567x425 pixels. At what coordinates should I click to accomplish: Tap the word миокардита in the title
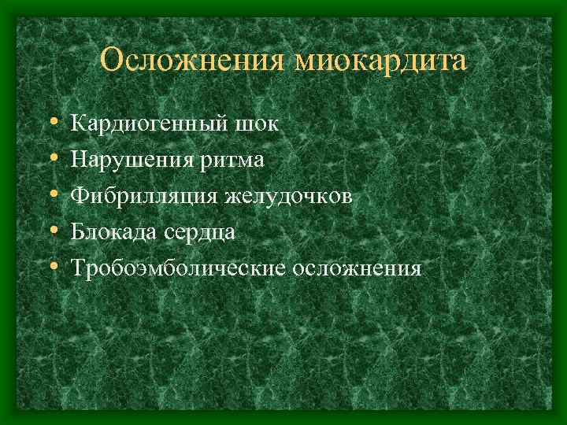(x=380, y=61)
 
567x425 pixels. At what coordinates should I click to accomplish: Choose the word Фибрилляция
(x=143, y=196)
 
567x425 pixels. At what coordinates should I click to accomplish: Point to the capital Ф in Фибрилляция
(x=80, y=196)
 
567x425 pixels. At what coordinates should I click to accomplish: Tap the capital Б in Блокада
(x=78, y=232)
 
